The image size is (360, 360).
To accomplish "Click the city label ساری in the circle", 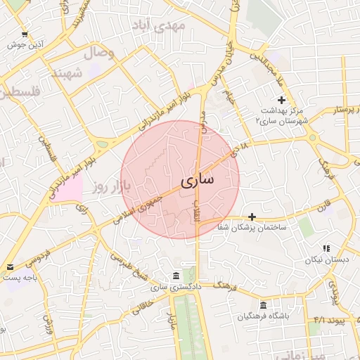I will coord(198,180).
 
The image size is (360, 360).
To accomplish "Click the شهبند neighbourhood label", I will coord(67,73).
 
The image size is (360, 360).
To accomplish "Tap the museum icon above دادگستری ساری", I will coord(175,274).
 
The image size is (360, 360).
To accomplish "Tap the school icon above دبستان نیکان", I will coord(326,248).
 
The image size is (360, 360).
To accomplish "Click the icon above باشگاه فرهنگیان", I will coord(263,305).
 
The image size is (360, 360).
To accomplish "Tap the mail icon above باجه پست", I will coord(10,267).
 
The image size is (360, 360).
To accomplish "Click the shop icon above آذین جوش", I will coord(25,34).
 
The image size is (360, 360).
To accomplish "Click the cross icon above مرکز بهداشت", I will coord(281,100).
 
